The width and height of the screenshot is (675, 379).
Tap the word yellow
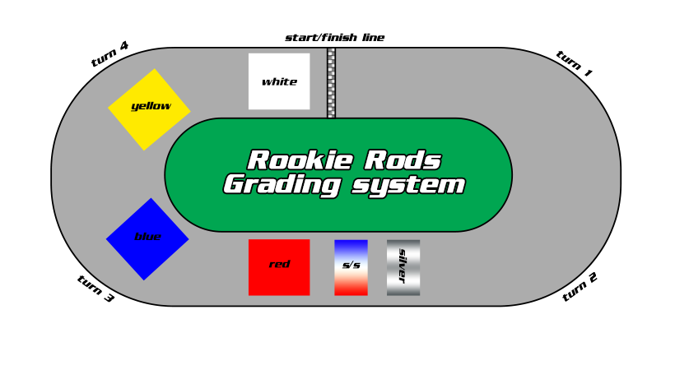tap(151, 106)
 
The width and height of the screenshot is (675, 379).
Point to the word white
tap(279, 82)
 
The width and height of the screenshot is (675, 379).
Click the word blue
tap(147, 238)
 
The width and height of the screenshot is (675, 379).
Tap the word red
tap(279, 265)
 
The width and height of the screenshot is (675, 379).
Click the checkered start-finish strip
tap(331, 82)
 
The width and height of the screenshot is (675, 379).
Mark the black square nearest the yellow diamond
tap(105, 53)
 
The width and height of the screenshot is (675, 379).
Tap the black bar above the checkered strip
tap(334, 38)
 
